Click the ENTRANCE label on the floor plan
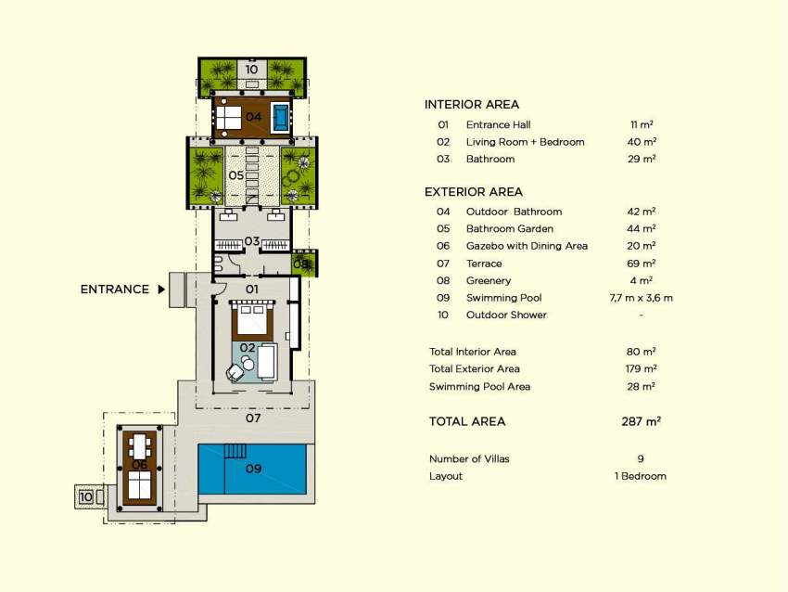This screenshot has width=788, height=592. [x=115, y=290]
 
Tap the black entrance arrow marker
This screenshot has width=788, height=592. [x=161, y=290]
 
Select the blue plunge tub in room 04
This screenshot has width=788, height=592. [x=281, y=118]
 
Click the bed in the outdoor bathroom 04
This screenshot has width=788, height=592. [x=229, y=118]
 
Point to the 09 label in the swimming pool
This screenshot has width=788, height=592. [x=253, y=469]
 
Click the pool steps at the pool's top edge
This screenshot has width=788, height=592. [x=235, y=451]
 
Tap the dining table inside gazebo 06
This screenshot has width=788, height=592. [x=140, y=446]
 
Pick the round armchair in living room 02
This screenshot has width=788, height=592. [x=235, y=372]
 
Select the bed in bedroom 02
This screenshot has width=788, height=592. [x=252, y=318]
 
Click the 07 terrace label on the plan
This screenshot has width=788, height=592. [x=253, y=418]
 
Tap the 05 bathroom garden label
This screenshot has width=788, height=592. [x=236, y=175]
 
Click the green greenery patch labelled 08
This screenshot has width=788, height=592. [x=305, y=263]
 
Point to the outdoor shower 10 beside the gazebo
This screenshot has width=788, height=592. [x=89, y=497]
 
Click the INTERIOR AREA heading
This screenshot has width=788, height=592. [x=471, y=105]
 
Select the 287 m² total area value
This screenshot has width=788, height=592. [x=641, y=421]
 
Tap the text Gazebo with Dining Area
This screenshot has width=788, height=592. [x=527, y=246]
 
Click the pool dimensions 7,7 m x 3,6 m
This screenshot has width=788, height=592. [x=641, y=298]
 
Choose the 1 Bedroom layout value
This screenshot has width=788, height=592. [x=641, y=476]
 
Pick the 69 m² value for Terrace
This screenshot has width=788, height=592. [x=641, y=263]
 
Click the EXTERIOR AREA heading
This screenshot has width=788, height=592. [x=474, y=192]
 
